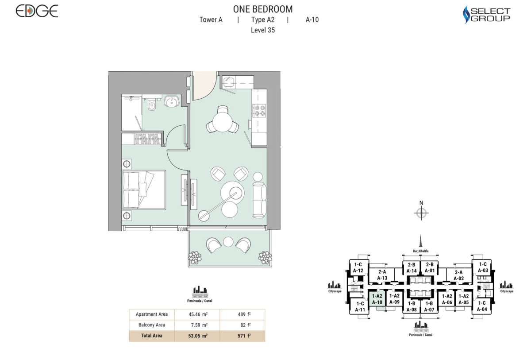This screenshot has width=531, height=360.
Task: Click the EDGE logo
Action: coord(37,11)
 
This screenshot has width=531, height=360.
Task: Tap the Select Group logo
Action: coord(486,14)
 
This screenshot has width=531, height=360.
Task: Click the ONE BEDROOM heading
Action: coord(262,9)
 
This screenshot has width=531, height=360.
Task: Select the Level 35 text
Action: coord(262,30)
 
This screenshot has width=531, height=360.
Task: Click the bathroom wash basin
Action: coord(171,102)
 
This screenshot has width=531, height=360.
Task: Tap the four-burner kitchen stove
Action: coord(258,110)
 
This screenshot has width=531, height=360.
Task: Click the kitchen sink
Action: coord(229,82)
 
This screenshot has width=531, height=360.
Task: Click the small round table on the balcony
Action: coord(228,242)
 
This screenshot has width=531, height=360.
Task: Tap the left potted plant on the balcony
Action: coord(194,257)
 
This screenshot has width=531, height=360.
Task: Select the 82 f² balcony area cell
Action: coord(242,325)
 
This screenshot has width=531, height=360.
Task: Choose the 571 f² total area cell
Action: coord(242,336)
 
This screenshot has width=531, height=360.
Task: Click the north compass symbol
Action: coord(421,213)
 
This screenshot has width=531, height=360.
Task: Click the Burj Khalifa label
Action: coord(421,250)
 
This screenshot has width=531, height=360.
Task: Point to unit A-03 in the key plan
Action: coord(482,267)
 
